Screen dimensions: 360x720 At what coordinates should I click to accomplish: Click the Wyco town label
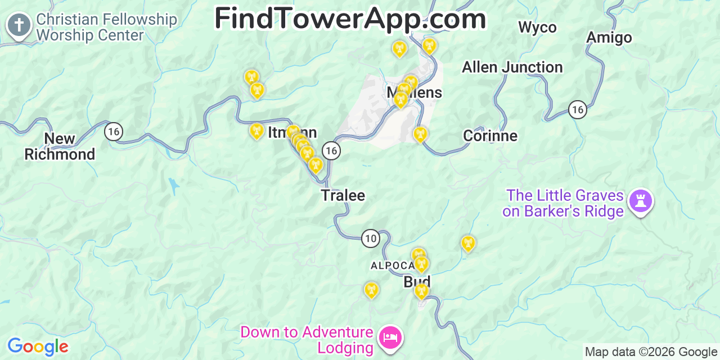(x=537, y=27)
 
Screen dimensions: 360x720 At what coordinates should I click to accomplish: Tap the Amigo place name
(x=609, y=38)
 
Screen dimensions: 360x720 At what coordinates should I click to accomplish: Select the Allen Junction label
(x=512, y=67)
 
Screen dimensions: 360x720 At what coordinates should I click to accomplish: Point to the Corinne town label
(x=490, y=136)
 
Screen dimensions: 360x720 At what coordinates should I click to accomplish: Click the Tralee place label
(x=343, y=195)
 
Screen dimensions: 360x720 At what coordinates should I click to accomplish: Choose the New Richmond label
(x=60, y=146)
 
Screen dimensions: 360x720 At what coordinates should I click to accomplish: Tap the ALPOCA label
(x=392, y=265)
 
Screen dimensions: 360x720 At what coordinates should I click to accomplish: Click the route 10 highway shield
(x=370, y=238)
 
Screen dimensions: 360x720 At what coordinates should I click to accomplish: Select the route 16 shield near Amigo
(x=577, y=109)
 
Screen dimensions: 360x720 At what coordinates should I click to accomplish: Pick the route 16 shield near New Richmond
(x=114, y=132)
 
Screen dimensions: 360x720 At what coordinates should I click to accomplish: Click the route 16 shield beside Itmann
(x=331, y=150)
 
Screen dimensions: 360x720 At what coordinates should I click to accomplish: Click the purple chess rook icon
(x=640, y=200)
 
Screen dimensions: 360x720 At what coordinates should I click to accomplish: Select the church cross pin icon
(x=19, y=25)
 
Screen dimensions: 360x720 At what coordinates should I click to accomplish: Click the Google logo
(x=38, y=346)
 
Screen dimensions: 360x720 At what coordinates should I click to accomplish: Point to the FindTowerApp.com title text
(x=350, y=19)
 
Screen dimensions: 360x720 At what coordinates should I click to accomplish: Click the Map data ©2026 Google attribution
(x=651, y=352)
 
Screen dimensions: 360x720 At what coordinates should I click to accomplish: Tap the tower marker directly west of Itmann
(x=256, y=131)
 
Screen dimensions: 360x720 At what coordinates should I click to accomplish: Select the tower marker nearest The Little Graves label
(x=468, y=243)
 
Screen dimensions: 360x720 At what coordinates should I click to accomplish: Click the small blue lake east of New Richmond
(x=174, y=185)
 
